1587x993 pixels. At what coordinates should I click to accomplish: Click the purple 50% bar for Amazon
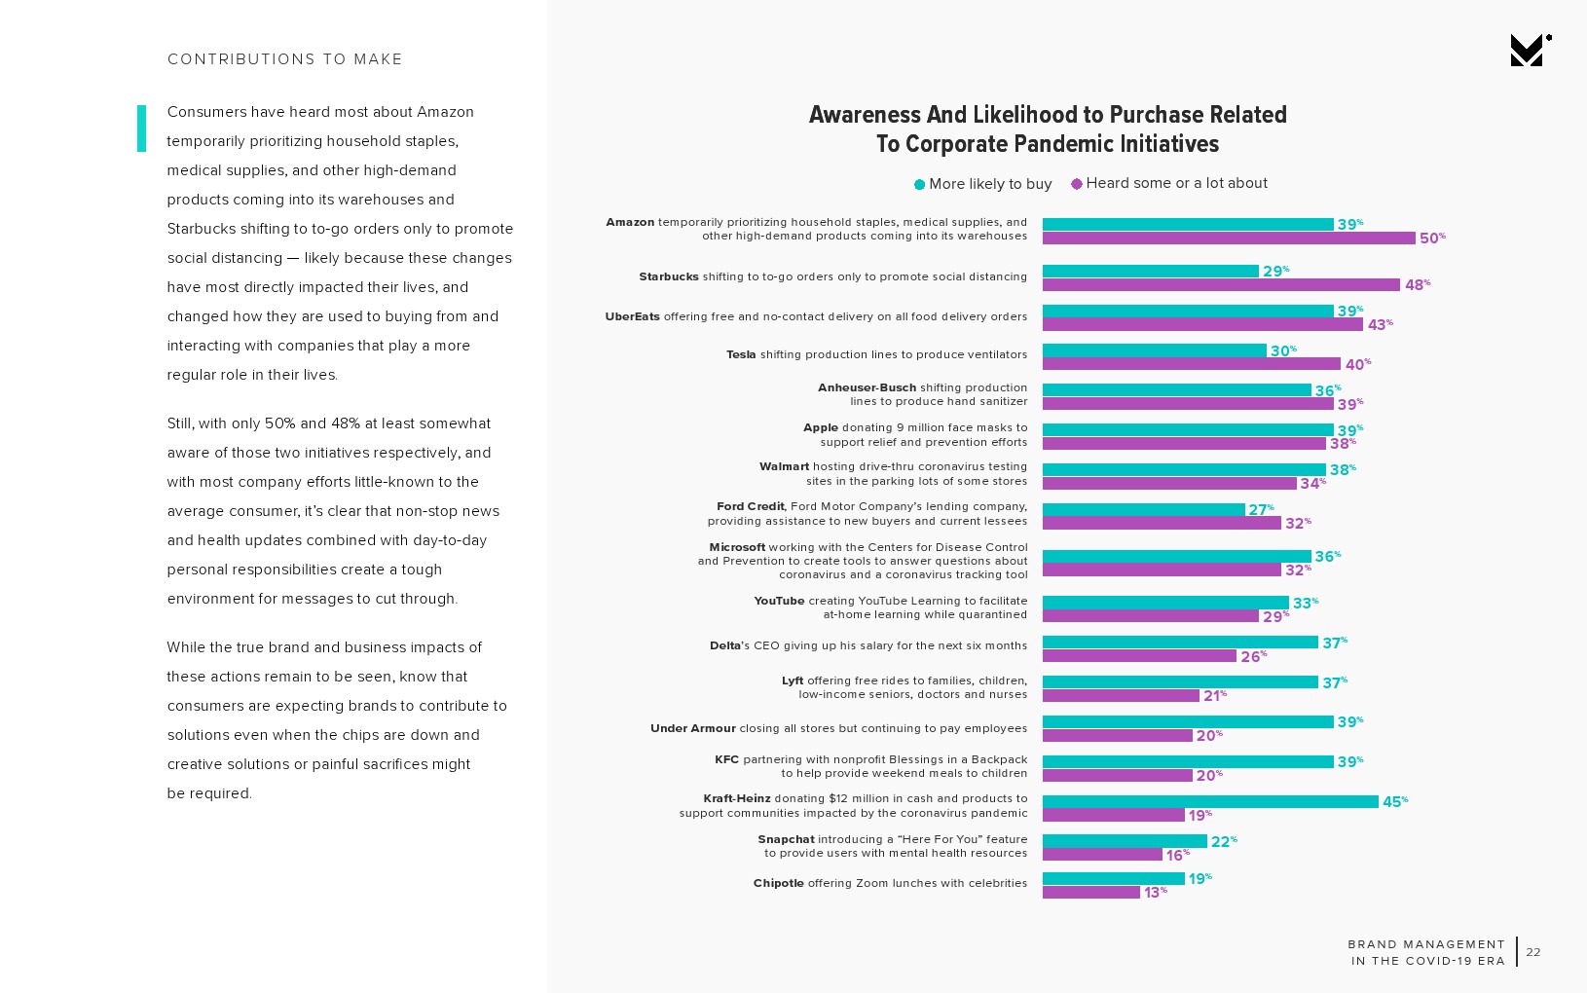tap(1228, 239)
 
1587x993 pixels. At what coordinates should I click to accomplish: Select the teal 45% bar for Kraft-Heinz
tap(1210, 801)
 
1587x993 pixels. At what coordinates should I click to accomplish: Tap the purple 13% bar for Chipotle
tap(1090, 892)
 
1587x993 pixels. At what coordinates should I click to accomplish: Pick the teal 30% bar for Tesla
tap(1154, 350)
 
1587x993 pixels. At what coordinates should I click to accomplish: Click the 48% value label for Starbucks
tap(1417, 284)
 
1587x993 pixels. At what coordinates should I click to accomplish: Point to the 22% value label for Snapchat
tap(1223, 841)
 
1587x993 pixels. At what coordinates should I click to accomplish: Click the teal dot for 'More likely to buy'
tap(919, 184)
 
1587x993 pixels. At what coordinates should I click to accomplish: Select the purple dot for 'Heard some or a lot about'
tap(1076, 184)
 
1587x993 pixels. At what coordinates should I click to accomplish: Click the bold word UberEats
tap(632, 316)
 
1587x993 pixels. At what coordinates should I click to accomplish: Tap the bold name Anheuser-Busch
tap(867, 387)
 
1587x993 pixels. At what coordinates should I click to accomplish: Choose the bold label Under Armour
tap(692, 728)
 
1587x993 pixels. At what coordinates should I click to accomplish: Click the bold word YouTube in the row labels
tap(779, 601)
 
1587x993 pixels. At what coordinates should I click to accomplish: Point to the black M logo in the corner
tap(1528, 51)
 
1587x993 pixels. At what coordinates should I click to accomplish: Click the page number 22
tap(1533, 952)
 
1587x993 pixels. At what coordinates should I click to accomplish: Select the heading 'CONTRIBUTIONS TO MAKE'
tap(284, 59)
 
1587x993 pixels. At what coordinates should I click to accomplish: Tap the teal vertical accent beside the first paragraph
tap(142, 129)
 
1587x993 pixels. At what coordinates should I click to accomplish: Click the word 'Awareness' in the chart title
tap(865, 115)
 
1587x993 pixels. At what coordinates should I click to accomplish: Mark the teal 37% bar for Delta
tap(1180, 643)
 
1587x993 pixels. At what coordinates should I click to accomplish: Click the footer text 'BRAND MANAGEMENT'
tap(1426, 944)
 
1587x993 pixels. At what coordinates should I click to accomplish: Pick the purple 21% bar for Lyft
tap(1121, 696)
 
